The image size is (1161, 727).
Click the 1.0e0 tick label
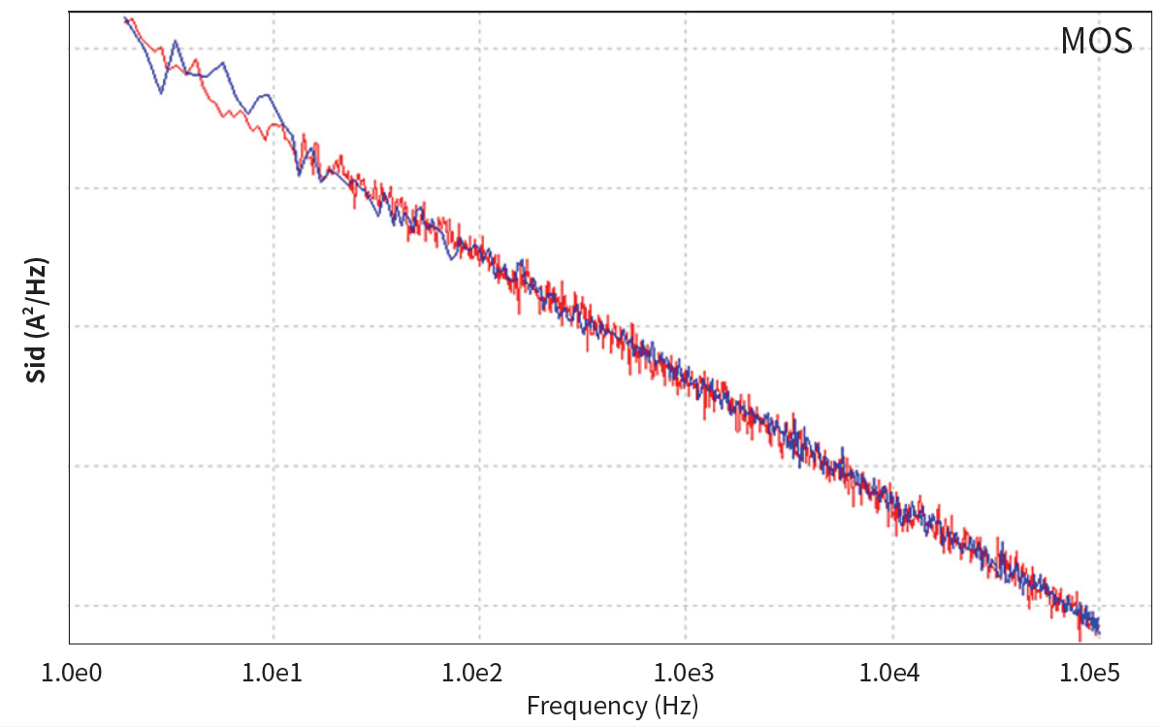[x=68, y=673]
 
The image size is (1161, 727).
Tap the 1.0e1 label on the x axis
[x=274, y=673]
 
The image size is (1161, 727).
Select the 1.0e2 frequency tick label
[x=479, y=673]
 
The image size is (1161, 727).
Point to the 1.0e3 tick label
[x=686, y=673]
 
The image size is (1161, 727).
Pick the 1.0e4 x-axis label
[x=891, y=673]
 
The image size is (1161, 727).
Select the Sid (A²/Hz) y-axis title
[x=37, y=320]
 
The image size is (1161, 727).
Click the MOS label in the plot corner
[x=1096, y=42]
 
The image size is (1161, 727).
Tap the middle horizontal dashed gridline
[x=388, y=326]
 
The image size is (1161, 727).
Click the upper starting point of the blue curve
[x=125, y=18]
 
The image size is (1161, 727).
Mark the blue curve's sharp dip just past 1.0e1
[x=299, y=175]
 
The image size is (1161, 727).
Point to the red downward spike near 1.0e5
[x=1080, y=640]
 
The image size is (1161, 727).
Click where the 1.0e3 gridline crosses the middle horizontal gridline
[x=686, y=326]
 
